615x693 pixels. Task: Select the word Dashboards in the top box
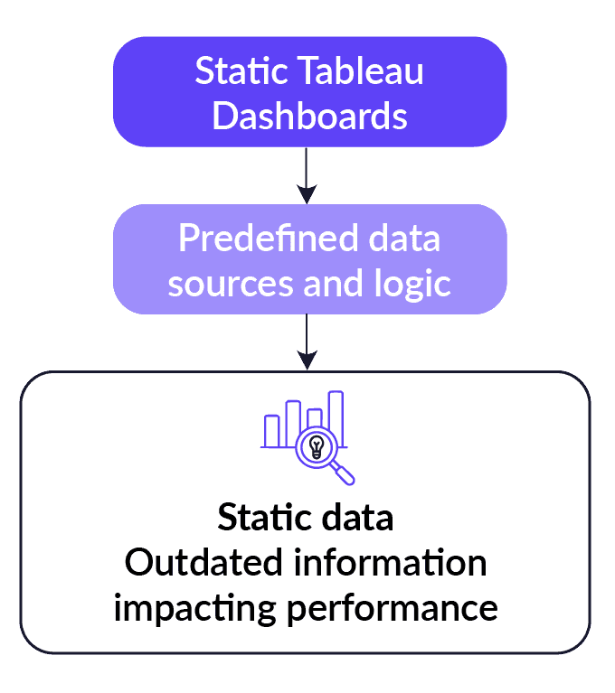[x=309, y=117]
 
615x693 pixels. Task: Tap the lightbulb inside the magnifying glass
[x=316, y=445]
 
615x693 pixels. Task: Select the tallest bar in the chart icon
[x=336, y=417]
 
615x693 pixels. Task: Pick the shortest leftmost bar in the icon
[x=271, y=431]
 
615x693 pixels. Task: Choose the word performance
[x=394, y=607]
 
